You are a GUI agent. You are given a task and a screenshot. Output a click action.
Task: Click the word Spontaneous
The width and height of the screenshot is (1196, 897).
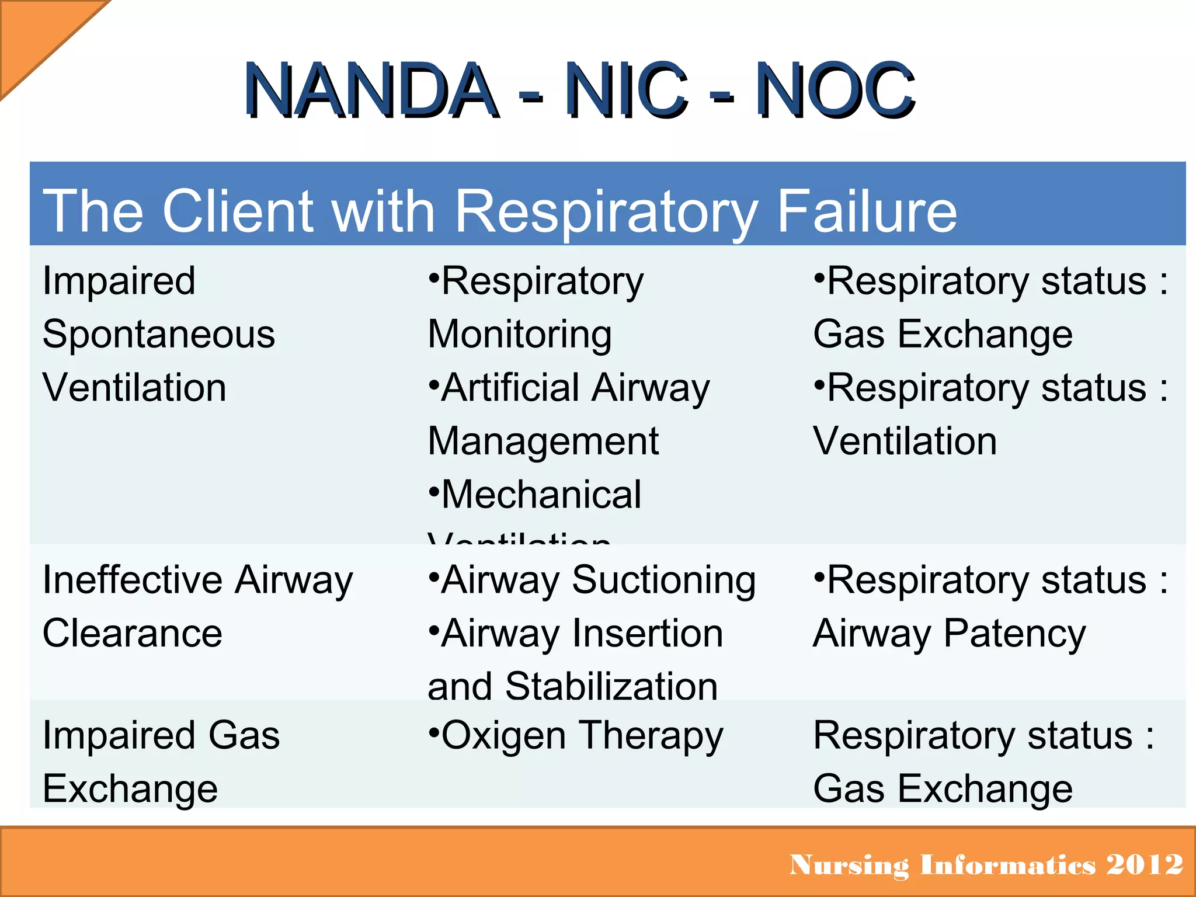point(159,335)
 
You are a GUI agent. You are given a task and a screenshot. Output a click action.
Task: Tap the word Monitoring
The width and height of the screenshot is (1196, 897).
point(520,335)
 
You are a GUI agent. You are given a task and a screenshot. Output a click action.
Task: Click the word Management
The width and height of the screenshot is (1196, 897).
point(543,441)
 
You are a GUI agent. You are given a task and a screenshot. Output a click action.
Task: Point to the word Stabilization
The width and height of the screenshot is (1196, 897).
point(611,686)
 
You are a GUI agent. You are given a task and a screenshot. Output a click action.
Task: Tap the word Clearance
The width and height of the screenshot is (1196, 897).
point(133,634)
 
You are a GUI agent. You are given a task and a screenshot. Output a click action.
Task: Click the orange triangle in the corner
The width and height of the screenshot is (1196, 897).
point(35,35)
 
